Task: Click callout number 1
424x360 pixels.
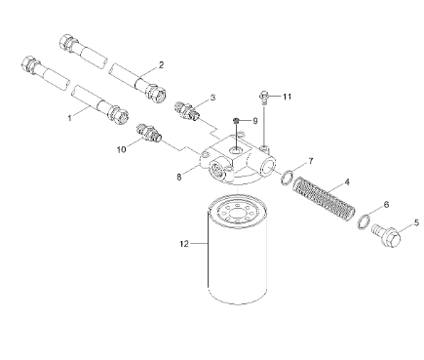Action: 69,118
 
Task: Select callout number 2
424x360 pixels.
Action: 161,65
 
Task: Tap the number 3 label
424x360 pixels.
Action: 212,98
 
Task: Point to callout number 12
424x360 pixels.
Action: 184,244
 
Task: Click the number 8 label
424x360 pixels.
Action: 179,177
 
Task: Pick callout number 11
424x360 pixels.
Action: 287,97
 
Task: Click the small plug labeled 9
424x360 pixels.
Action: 236,121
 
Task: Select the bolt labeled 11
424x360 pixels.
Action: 264,98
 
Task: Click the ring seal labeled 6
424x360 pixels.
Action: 364,221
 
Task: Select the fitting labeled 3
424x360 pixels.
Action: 186,111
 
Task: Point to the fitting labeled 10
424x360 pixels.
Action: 148,133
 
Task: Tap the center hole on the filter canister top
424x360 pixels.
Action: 238,213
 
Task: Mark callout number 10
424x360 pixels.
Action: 122,149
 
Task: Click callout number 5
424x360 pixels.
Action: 416,222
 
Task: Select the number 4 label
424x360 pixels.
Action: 347,182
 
